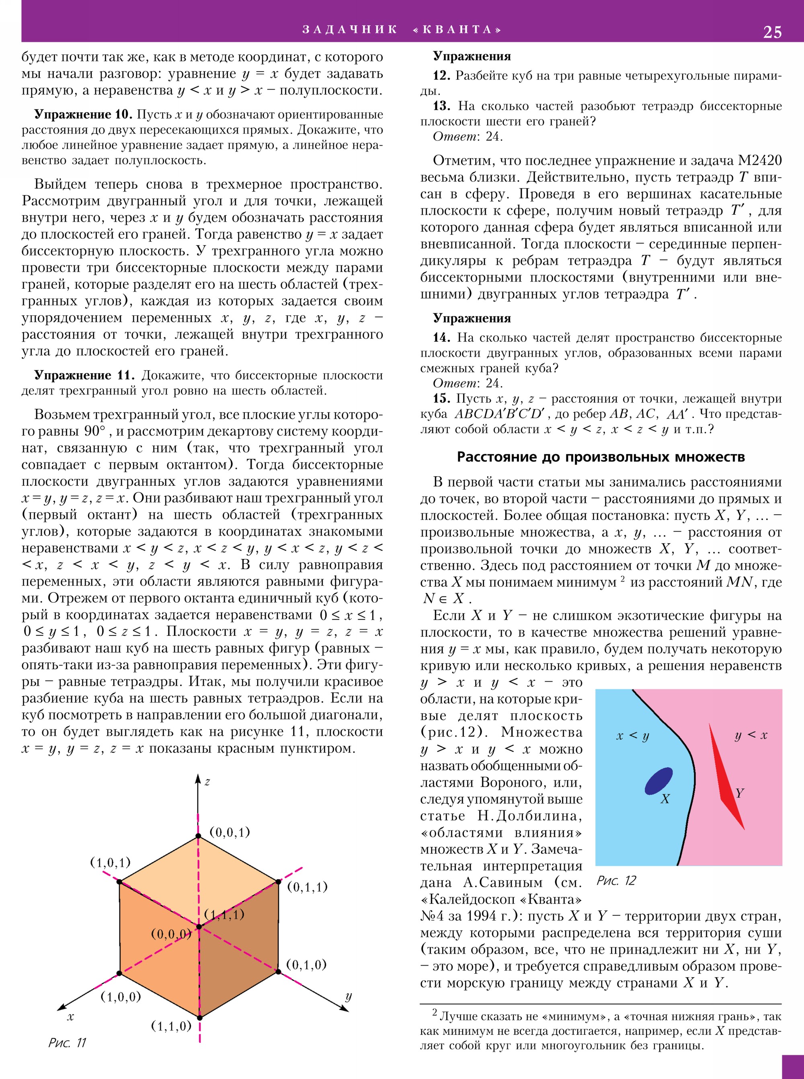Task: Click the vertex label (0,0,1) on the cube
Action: click(x=229, y=832)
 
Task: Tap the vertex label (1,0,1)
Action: click(x=111, y=862)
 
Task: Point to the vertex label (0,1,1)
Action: click(x=307, y=887)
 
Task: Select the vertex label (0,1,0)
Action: click(x=306, y=964)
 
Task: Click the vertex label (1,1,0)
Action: click(x=171, y=1026)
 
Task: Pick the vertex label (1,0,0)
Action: click(x=121, y=997)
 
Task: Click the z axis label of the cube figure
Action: click(x=207, y=781)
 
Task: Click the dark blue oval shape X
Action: click(x=658, y=781)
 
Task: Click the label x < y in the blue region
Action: click(x=632, y=735)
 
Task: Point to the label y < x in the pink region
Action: click(x=751, y=735)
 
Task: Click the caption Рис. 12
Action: click(x=616, y=880)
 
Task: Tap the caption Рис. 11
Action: click(x=67, y=1042)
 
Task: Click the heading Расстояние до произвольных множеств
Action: click(x=601, y=457)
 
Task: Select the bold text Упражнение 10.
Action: click(x=83, y=115)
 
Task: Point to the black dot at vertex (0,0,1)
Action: click(x=198, y=836)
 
